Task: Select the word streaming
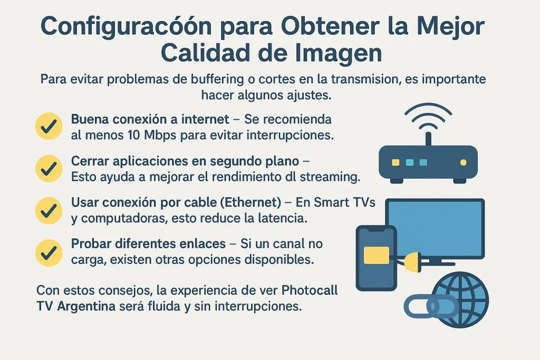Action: point(326,177)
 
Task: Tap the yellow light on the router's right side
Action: point(463,162)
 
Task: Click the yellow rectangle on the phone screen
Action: point(376,255)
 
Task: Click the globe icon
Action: point(460,299)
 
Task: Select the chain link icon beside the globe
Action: point(425,306)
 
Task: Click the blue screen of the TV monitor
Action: point(436,227)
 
